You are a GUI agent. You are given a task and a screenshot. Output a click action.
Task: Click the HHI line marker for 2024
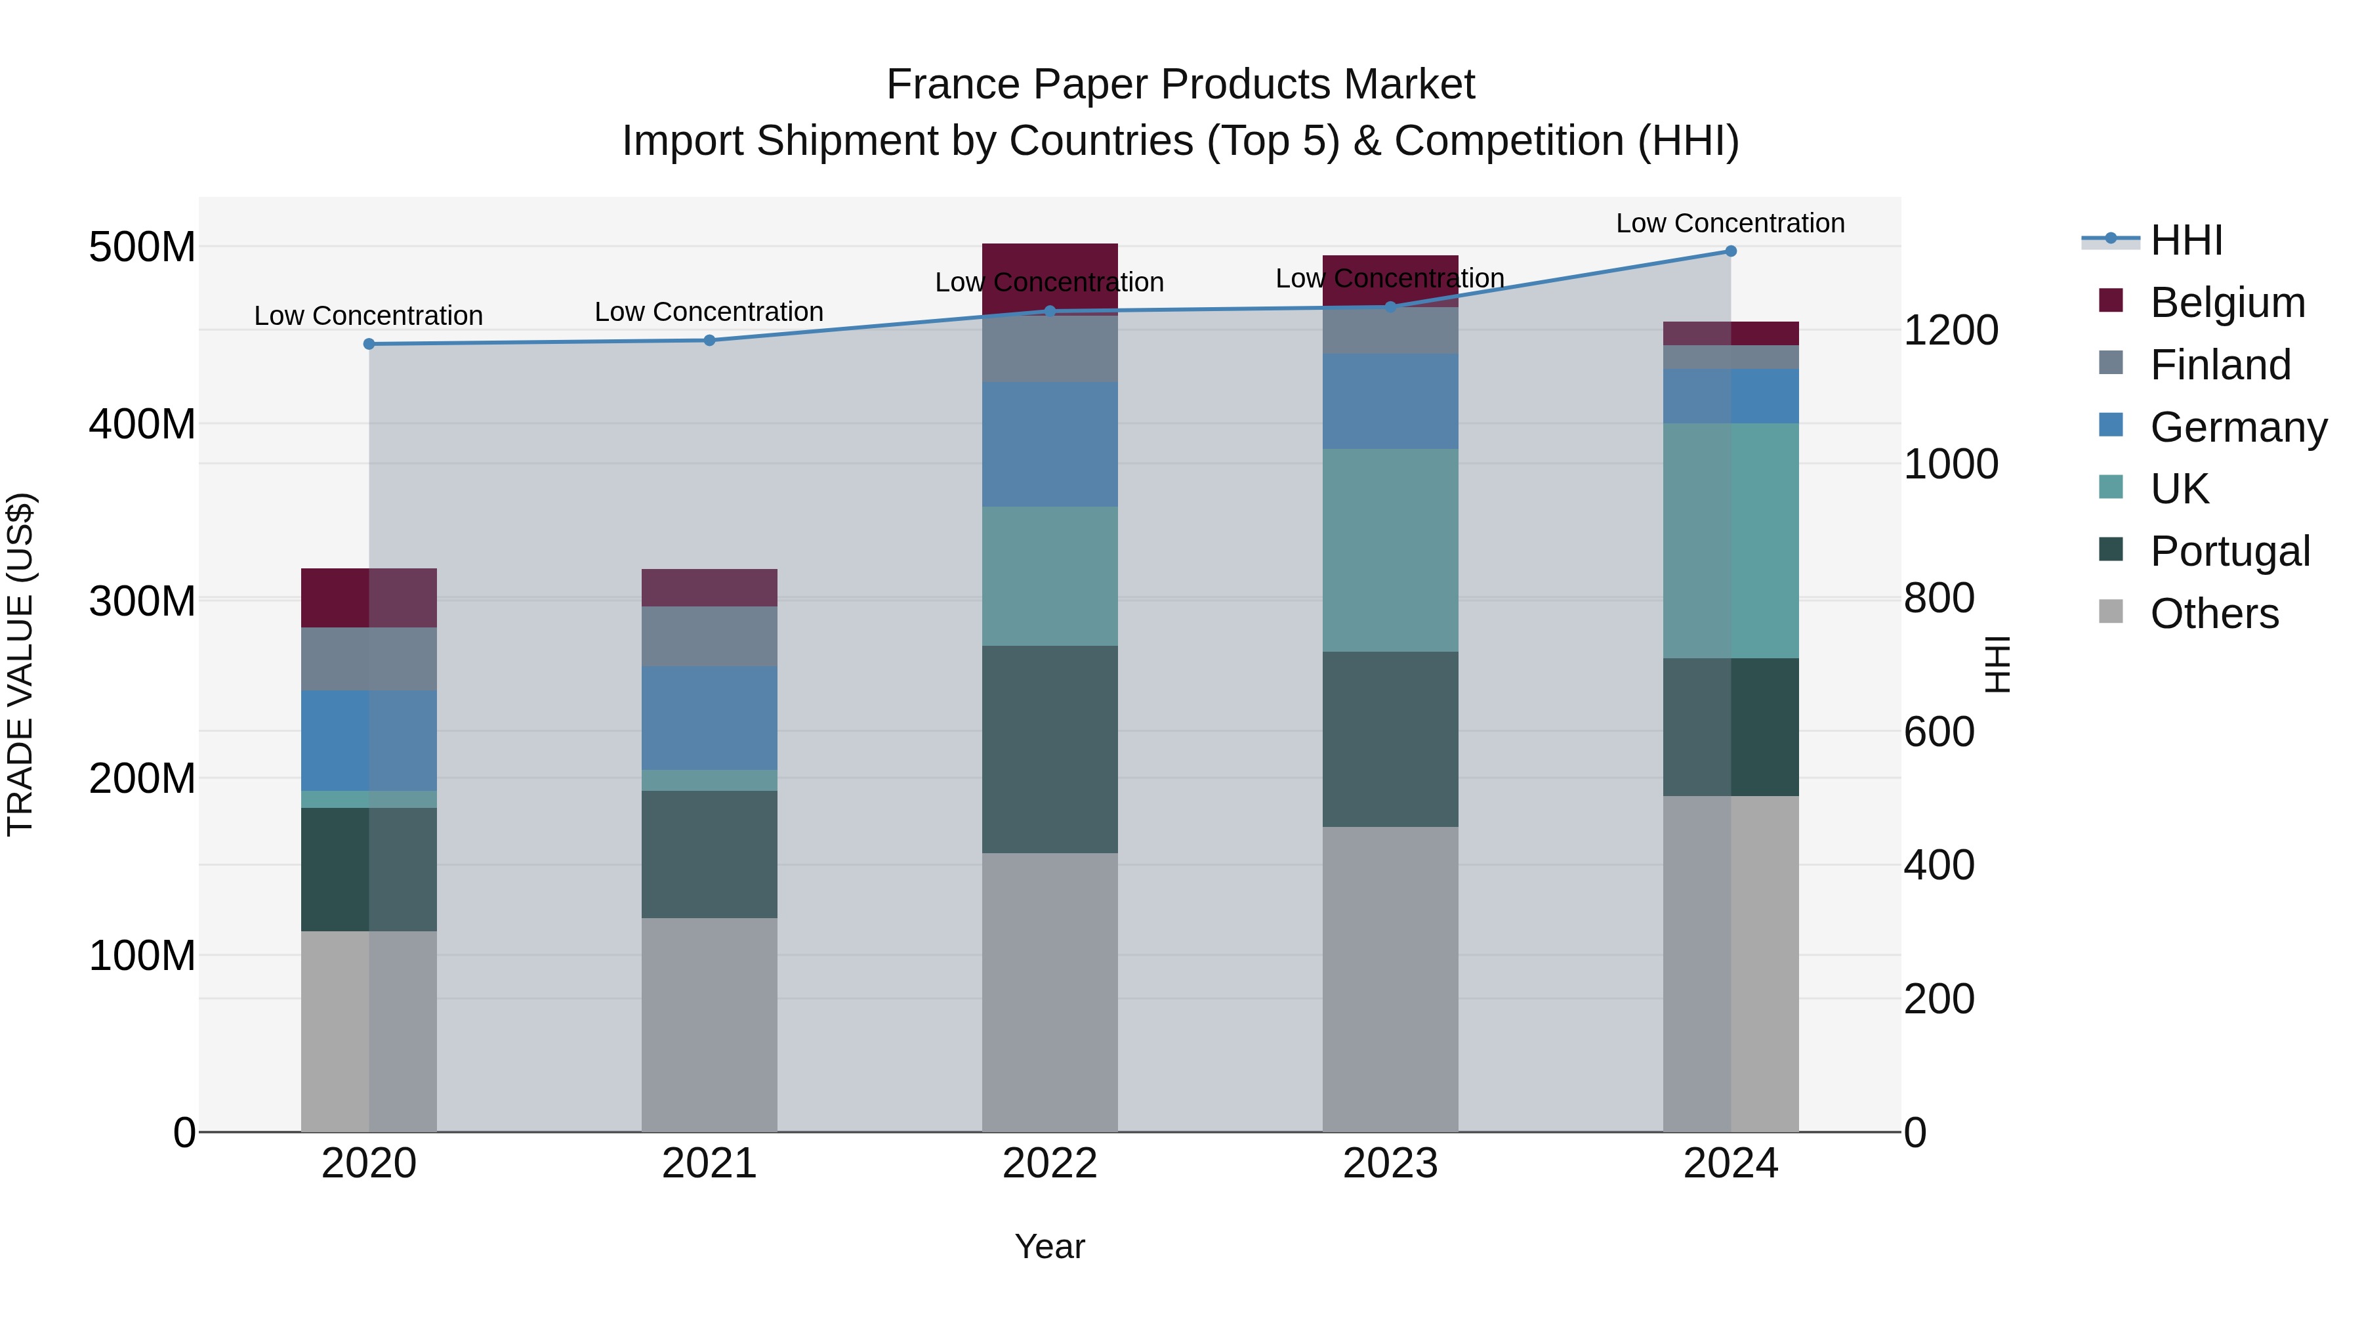pos(1730,251)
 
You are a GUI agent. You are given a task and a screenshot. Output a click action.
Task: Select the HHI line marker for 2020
pos(369,344)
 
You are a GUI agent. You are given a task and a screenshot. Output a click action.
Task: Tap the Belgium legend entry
pos(2226,303)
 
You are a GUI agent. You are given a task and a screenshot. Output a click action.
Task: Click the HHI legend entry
pos(2186,240)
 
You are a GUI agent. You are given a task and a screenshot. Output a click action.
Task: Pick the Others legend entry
pos(2214,614)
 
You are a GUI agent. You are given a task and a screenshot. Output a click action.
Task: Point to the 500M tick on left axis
pos(142,247)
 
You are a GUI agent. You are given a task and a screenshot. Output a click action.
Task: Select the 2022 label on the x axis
pos(1049,1164)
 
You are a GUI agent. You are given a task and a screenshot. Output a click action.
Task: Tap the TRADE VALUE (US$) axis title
pos(21,664)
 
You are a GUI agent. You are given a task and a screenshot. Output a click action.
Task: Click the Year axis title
pos(1049,1246)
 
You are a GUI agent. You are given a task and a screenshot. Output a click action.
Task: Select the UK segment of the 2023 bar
pos(1390,551)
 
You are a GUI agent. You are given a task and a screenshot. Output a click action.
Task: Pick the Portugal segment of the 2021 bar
pos(709,854)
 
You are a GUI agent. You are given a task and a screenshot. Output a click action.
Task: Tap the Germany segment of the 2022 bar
pos(1049,444)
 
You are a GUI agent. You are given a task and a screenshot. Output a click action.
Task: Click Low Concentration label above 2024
pos(1730,223)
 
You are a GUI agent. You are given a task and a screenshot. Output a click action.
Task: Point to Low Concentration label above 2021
pos(709,312)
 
